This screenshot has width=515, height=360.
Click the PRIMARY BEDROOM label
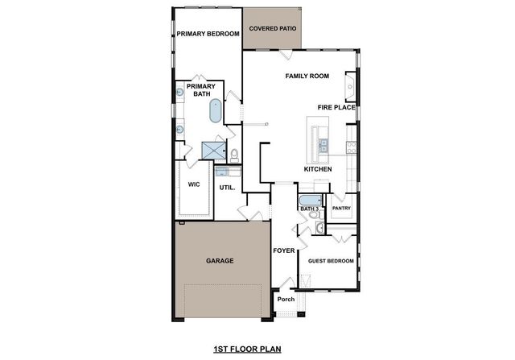pos(208,34)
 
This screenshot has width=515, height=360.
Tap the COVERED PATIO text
pos(272,28)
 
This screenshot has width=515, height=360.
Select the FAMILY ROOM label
pos(307,76)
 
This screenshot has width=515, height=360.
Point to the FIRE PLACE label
pos(336,107)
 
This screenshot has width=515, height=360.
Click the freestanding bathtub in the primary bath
pos(216,111)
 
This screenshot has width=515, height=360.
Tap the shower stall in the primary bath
pos(214,150)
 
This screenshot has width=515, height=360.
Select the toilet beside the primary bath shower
pos(234,154)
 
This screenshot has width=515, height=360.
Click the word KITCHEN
pos(318,170)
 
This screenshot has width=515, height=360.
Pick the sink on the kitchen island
pos(322,145)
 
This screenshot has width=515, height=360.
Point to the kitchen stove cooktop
pos(350,146)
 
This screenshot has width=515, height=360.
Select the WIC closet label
pos(194,184)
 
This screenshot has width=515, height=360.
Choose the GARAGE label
pos(219,261)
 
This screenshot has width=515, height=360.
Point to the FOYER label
pos(283,250)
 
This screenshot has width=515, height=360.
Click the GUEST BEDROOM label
pos(326,261)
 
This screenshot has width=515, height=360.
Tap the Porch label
pos(285,300)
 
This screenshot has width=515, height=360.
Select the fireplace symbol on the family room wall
pos(351,84)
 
